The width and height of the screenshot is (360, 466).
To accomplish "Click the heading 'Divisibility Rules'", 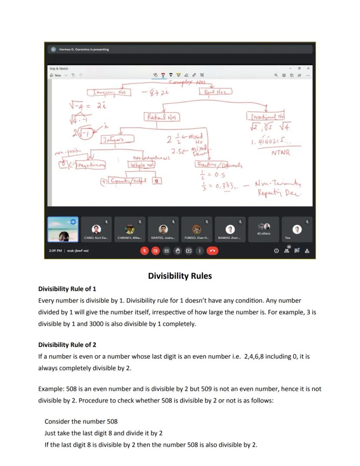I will tap(180, 276).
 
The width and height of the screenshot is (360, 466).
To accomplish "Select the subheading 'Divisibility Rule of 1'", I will tap(67, 289).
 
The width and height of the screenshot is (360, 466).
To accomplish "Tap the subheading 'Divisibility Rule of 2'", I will tap(67, 345).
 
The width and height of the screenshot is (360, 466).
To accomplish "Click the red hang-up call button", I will tap(212, 251).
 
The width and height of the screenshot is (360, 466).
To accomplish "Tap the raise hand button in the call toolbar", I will tap(177, 251).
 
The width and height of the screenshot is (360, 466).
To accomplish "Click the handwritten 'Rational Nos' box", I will tap(161, 117).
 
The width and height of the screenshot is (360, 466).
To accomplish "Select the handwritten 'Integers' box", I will tap(117, 139).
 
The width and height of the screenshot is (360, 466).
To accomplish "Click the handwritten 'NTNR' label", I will tap(280, 153).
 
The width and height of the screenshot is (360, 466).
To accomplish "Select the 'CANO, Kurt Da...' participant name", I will tap(96, 238).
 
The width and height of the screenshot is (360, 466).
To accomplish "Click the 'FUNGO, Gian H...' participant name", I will tap(197, 238).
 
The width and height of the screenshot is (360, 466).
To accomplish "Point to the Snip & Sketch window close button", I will tap(308, 68).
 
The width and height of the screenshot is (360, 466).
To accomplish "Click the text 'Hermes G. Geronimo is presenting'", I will tap(83, 50).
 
